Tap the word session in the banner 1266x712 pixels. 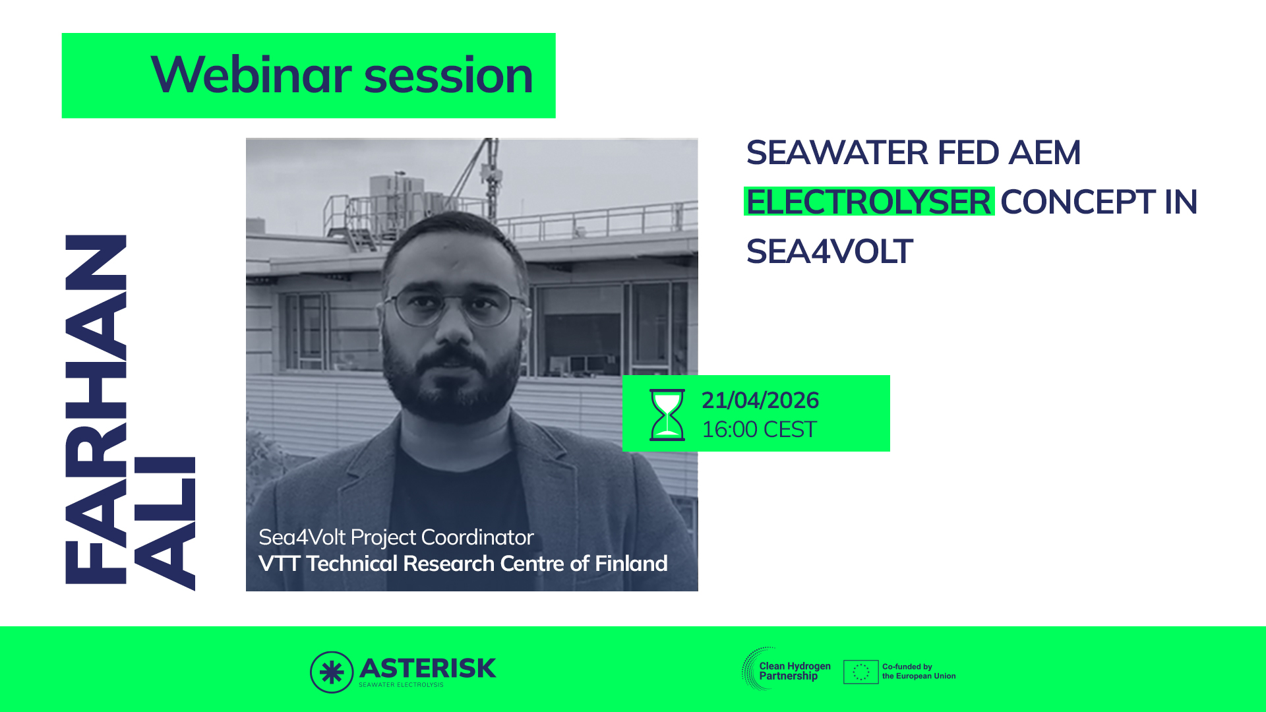(448, 76)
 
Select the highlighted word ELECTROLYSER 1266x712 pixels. (869, 202)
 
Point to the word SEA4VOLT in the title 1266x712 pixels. (829, 251)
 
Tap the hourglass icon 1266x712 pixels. (667, 415)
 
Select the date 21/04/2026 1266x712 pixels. (760, 400)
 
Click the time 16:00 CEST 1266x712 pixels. (759, 430)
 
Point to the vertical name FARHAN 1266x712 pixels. (96, 409)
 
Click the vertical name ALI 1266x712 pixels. (164, 523)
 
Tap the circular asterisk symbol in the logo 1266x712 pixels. (332, 672)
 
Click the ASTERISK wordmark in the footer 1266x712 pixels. (427, 668)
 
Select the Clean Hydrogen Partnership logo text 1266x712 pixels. (795, 671)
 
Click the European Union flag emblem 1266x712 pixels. (860, 672)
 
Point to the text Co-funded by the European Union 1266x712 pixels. (919, 671)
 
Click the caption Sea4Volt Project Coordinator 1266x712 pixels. (396, 538)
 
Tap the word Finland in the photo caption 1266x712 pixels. (631, 564)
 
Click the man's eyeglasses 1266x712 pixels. (455, 306)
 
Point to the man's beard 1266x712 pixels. (452, 382)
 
